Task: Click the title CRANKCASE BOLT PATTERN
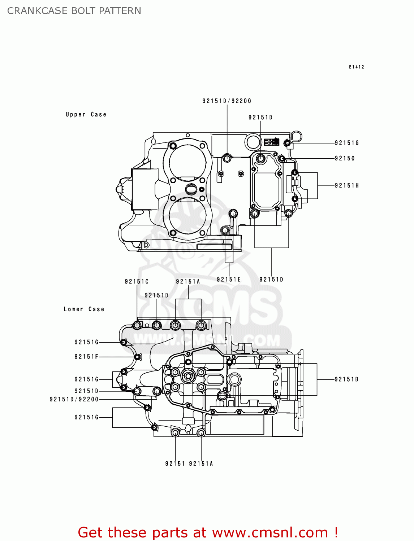[x=74, y=11]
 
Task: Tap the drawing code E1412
[x=356, y=67]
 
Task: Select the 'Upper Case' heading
[x=86, y=114]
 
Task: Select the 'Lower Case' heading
[x=84, y=309]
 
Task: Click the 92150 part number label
[x=345, y=158]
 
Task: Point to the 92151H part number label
[x=347, y=185]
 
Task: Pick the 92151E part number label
[x=229, y=279]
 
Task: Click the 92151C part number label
[x=137, y=281]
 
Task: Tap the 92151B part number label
[x=346, y=379]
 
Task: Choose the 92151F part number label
[x=86, y=357]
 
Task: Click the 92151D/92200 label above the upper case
[x=227, y=101]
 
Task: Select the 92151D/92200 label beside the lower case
[x=74, y=399]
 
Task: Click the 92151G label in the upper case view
[x=347, y=143]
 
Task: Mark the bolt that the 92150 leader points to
[x=282, y=158]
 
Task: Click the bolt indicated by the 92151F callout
[x=137, y=357]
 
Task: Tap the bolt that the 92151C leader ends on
[x=137, y=325]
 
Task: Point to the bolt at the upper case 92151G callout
[x=287, y=143]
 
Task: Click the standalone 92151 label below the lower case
[x=175, y=463]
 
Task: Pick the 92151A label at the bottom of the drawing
[x=201, y=463]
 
